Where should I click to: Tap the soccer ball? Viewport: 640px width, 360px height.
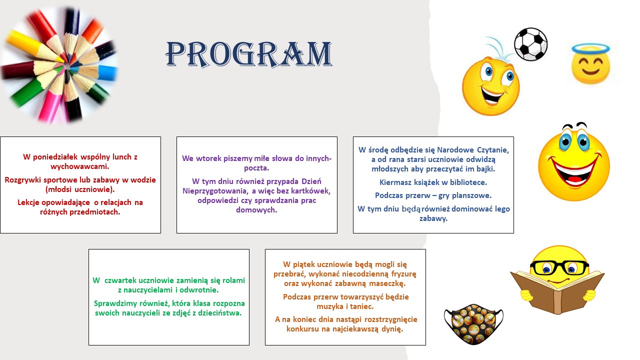coord(530,44)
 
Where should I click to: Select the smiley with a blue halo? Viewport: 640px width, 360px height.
coord(591,64)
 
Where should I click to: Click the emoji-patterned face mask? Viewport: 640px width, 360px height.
coord(473,324)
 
